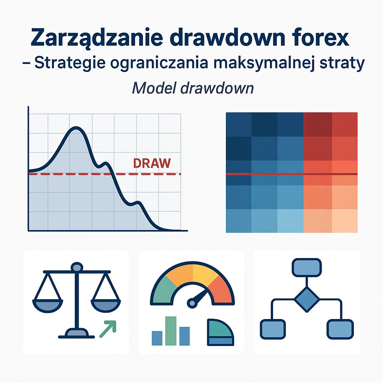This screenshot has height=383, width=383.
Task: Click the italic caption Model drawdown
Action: tap(193, 88)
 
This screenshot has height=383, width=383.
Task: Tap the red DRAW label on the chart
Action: tap(152, 163)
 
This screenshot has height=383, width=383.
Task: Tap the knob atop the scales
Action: tap(77, 267)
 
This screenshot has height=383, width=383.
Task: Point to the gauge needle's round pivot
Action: tap(192, 301)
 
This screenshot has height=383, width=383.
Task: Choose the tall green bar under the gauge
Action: tap(171, 331)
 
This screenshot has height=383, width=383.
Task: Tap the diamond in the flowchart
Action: tap(307, 299)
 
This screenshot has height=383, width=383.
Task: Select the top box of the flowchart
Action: tap(307, 267)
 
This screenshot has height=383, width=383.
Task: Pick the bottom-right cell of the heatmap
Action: tap(344, 220)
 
